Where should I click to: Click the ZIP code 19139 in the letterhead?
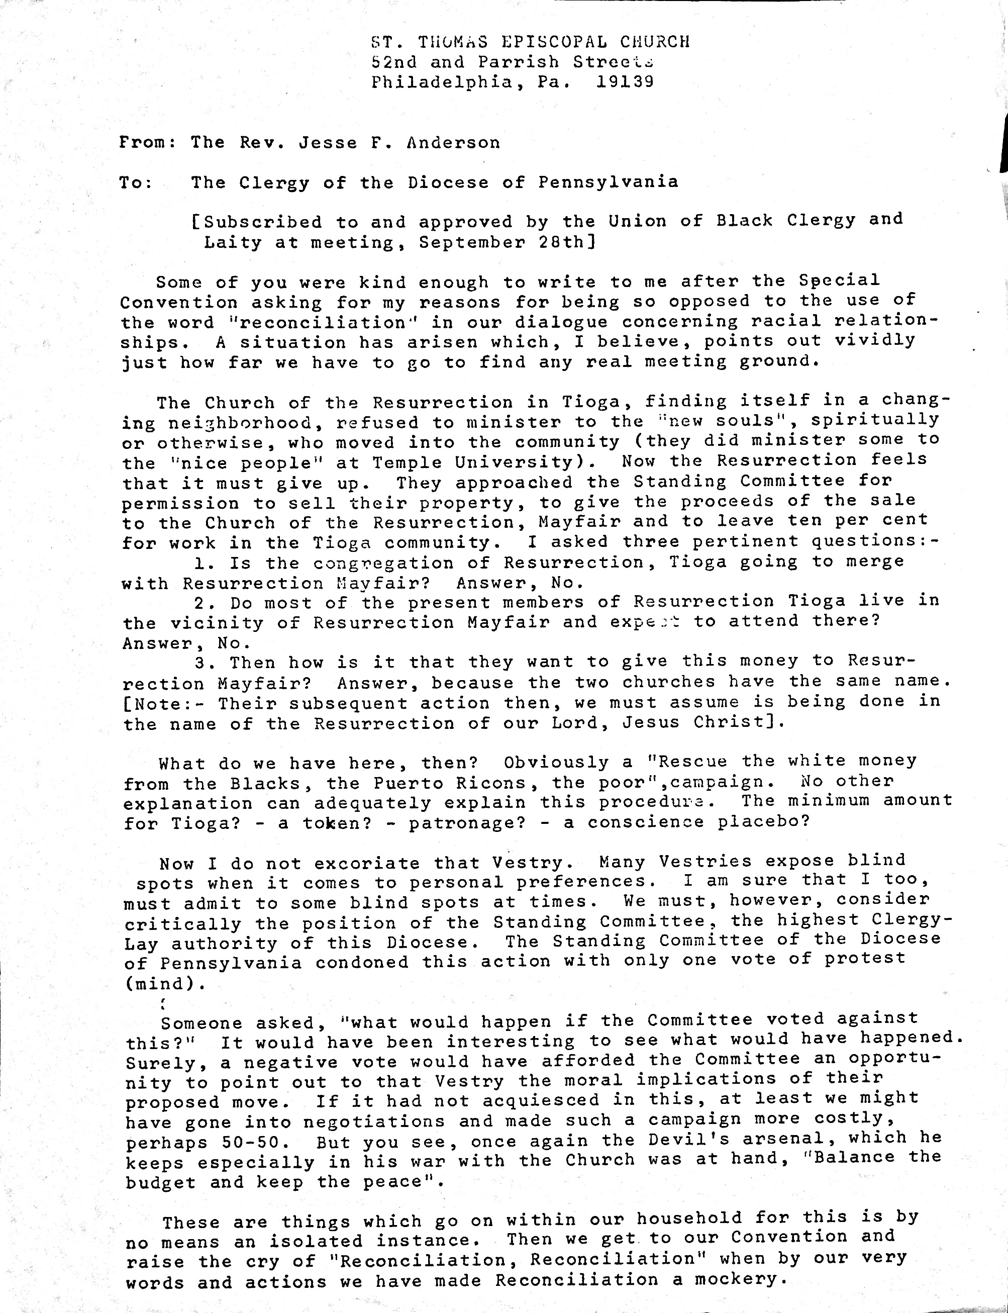[625, 81]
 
